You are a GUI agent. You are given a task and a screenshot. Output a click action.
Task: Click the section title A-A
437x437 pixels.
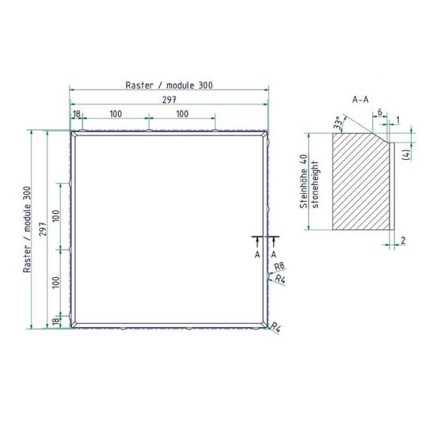click(360, 100)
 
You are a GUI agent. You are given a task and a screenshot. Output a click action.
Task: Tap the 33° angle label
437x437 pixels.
click(337, 123)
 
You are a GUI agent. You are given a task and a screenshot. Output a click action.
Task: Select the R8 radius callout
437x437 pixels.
click(279, 267)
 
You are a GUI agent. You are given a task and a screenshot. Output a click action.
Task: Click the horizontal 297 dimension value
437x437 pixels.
click(169, 100)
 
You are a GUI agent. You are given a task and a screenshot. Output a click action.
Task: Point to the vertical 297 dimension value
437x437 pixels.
click(43, 229)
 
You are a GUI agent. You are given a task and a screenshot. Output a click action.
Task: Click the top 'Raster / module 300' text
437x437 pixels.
click(169, 85)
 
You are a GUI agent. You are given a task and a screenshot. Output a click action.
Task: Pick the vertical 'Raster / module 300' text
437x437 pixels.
click(27, 230)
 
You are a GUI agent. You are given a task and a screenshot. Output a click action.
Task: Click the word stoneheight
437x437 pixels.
click(315, 184)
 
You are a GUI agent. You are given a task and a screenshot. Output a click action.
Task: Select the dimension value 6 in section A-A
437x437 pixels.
click(380, 112)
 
